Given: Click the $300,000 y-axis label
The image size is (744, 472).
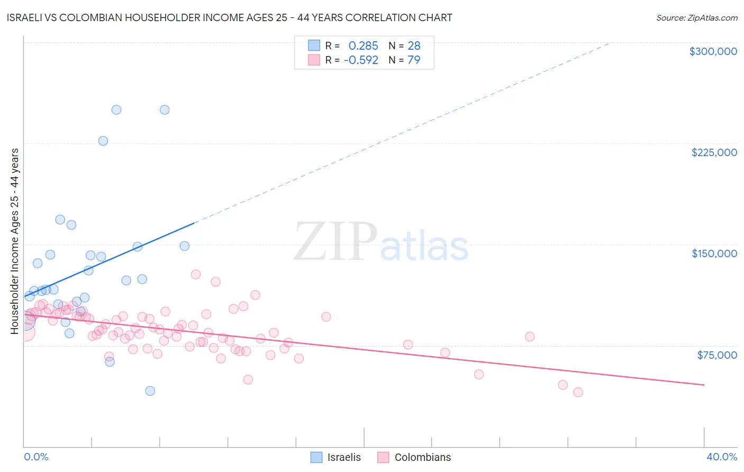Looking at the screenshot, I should coord(713,51).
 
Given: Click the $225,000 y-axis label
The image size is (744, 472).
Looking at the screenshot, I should coord(714,152).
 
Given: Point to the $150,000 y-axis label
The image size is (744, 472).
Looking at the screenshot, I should coord(714,253).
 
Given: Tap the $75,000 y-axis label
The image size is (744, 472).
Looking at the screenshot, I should coord(716,355).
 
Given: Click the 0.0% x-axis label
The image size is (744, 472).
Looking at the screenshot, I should coord(36,457).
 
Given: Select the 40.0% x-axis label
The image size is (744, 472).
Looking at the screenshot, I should coord(721,457).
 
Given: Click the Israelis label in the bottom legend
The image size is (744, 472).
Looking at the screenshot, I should coord(344,457).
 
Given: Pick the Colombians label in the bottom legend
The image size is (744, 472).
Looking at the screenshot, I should coord(423,457).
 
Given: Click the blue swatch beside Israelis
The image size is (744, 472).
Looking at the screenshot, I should coord(316,457).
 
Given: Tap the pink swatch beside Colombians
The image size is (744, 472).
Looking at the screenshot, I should coord(383,457).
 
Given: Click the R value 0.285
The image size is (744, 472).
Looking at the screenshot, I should coord(363,46).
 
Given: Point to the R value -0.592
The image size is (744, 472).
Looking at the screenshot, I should coord(361,60).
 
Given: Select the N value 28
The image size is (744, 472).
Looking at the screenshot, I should coord(414,46).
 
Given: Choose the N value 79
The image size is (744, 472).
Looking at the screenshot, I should coord(414,60).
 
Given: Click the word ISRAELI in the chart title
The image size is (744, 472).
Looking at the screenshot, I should coord(27,17).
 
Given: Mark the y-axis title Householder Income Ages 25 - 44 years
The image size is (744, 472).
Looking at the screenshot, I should coord(15,241).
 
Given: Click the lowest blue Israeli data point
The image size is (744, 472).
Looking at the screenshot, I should coord(150,391).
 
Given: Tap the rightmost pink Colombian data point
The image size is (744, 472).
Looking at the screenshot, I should coord(578,392).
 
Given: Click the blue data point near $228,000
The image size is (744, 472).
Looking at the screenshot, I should coord(103,141).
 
